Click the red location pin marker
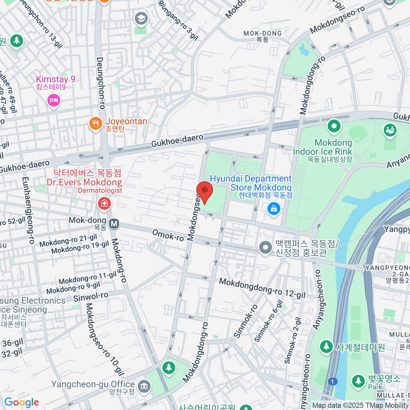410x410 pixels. point(205,192)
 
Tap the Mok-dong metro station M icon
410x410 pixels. point(114,224)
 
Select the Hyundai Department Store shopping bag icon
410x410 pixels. point(274,208)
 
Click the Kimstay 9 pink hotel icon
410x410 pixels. point(54,100)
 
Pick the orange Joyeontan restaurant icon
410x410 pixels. point(96,123)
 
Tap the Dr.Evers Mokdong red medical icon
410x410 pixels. point(104,204)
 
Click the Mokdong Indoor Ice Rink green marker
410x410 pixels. point(334,126)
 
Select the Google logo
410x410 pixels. point(22,402)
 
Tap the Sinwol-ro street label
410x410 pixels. point(91,297)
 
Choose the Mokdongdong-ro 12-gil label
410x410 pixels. point(262,288)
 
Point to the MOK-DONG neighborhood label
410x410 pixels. point(262,33)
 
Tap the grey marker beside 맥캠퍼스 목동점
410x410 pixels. point(265,248)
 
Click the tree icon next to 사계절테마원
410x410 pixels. point(326,347)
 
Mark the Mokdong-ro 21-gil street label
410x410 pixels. point(68,241)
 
